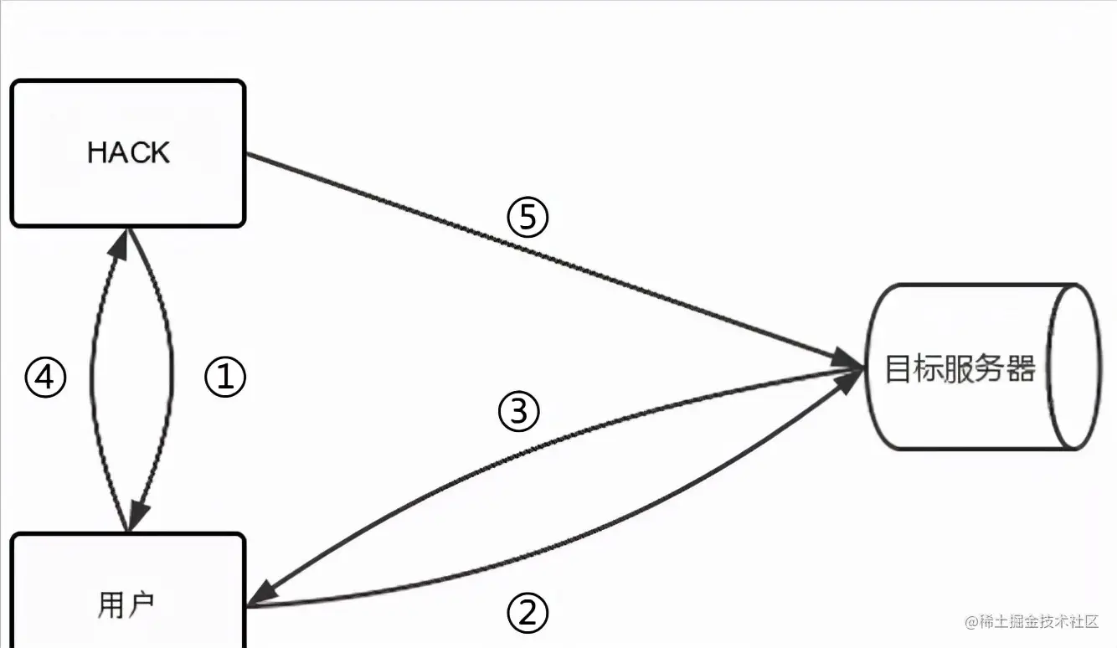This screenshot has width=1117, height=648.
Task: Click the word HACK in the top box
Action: coord(128,152)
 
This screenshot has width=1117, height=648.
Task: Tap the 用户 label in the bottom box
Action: coord(126,604)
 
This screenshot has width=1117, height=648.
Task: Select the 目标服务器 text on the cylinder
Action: coord(960,368)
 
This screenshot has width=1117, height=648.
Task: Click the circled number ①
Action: coord(225,378)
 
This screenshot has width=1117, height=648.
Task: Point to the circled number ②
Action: coord(528,615)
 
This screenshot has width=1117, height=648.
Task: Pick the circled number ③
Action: coord(519,412)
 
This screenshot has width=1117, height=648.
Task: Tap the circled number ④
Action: coord(45,378)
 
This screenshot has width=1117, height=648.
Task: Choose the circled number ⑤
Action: coord(528,218)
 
